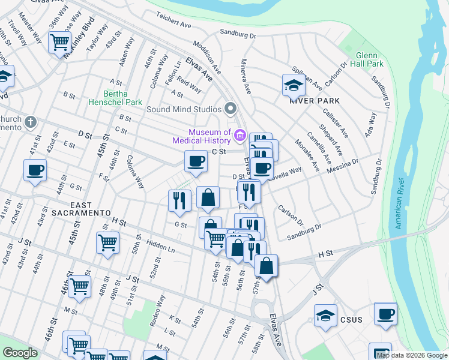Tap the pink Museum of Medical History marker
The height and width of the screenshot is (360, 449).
pyautogui.click(x=240, y=136)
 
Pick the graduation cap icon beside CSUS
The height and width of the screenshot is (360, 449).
pyautogui.click(x=325, y=316)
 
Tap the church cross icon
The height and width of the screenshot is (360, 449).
pyautogui.click(x=30, y=122)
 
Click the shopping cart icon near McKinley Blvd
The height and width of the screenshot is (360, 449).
pyautogui.click(x=60, y=42)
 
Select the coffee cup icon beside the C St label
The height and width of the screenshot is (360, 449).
pyautogui.click(x=196, y=160)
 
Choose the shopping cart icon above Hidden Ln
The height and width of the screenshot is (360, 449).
pyautogui.click(x=107, y=242)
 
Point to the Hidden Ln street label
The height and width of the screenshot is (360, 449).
pyautogui.click(x=160, y=247)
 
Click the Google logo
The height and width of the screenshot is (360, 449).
pyautogui.click(x=20, y=353)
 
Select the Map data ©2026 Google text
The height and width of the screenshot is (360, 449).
pyautogui.click(x=412, y=355)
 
